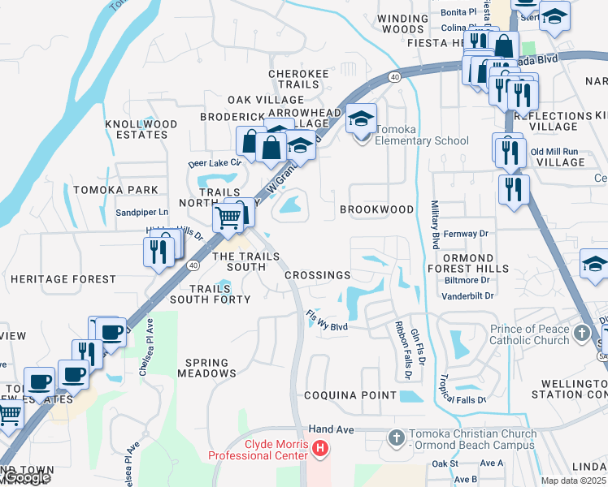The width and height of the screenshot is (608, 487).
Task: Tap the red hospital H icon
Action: (x=320, y=447)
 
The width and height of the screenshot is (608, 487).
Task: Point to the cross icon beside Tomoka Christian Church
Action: (x=396, y=438)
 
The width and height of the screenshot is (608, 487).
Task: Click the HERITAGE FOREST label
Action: (x=63, y=279)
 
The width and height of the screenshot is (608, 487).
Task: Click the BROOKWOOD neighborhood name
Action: (x=376, y=209)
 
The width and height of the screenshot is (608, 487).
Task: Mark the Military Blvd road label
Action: (x=435, y=225)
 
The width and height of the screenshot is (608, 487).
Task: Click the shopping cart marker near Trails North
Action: (x=228, y=217)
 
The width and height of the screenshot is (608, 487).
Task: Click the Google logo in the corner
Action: (x=26, y=478)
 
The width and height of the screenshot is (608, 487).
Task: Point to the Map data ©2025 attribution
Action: (x=574, y=481)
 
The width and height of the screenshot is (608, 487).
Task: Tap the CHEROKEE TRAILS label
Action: (x=299, y=79)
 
